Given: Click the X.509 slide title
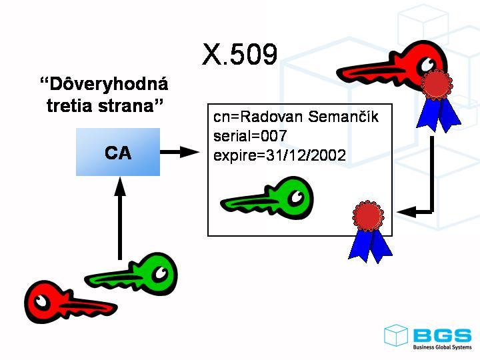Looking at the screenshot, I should tap(239, 55).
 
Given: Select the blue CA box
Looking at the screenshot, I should tap(118, 152).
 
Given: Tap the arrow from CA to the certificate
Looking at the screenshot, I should tap(180, 152).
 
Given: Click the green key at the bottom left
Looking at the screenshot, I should tap(133, 273).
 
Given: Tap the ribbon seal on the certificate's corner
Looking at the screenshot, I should tap(369, 231).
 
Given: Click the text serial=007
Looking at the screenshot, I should tap(250, 137).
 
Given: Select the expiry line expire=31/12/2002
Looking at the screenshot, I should tap(279, 156).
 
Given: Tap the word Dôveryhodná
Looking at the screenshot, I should tap(104, 85).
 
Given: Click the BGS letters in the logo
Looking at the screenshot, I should tap(441, 335).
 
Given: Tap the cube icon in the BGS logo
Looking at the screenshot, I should tap(396, 335).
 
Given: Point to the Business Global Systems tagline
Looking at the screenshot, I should tap(441, 347).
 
